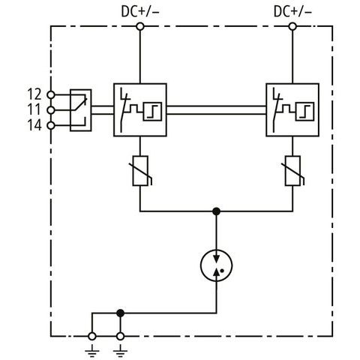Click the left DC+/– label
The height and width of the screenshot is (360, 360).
140,11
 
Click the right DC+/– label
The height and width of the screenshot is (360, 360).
292,11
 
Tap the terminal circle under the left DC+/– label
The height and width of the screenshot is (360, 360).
140,26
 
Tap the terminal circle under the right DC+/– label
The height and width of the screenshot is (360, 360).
292,26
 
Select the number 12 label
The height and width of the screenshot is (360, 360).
34,94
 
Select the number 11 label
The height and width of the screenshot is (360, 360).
34,109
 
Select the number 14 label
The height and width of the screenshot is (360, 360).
34,125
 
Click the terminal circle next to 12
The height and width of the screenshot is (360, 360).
51,94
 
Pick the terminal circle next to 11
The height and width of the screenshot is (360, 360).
51,110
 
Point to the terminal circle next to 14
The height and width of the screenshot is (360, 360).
51,125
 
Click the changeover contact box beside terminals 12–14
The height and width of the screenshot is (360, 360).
80,110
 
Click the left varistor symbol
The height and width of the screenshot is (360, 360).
141,171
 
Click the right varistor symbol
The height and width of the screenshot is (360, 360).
293,171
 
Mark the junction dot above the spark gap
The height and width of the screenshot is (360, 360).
217,211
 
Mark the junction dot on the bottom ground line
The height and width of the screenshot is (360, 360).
121,313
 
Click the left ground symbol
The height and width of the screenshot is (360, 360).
92,351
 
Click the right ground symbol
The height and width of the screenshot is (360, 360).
120,351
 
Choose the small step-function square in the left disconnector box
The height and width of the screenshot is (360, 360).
152,112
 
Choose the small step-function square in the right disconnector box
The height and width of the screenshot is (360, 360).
304,112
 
